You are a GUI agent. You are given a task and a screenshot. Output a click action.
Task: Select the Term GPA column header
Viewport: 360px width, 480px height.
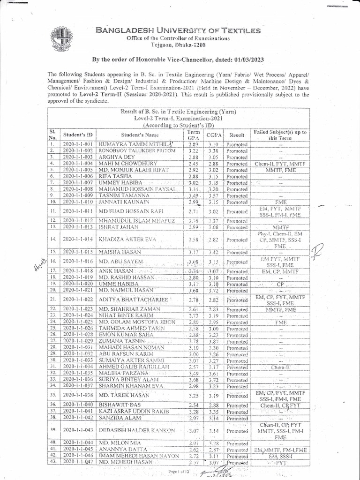193,135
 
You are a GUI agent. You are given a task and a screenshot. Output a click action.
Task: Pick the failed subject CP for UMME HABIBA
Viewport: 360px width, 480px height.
281,284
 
